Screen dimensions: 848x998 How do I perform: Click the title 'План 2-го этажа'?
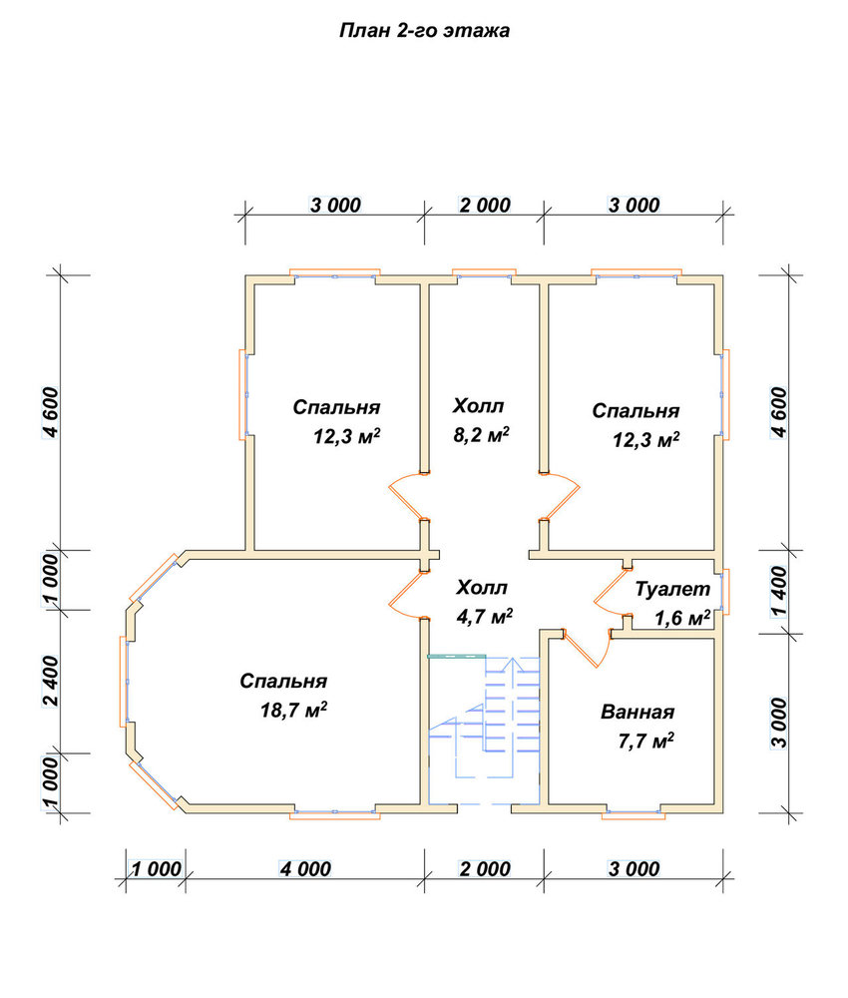coord(424,31)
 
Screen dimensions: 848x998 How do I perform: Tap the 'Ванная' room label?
coord(637,712)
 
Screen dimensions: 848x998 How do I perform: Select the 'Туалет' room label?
coord(672,589)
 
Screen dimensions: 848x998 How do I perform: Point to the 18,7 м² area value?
coord(294,710)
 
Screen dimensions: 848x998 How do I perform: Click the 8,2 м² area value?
coord(481,435)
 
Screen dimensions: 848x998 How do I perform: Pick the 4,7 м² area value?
coord(485,616)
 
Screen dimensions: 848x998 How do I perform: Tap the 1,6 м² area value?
coord(682,618)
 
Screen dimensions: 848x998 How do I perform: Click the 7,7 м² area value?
coord(646,741)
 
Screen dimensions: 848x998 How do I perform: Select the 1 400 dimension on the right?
coord(778,592)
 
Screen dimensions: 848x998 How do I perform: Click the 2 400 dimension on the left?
coord(51,681)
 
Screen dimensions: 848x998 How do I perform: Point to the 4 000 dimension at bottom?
coord(305,869)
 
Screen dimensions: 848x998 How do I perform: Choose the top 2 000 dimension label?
coord(485,205)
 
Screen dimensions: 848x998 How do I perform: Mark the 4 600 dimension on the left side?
coord(51,412)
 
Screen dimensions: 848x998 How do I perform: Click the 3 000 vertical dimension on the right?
coord(778,723)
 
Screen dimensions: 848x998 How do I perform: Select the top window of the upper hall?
coord(484,273)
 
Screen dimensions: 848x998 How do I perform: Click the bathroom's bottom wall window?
coord(634,813)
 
